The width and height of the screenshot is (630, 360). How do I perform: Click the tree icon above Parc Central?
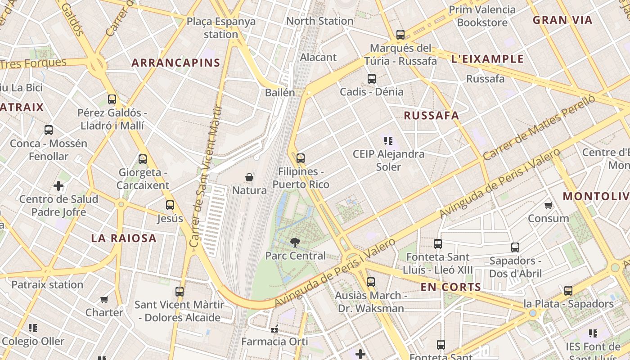295,243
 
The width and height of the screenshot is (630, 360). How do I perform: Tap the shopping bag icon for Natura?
249,177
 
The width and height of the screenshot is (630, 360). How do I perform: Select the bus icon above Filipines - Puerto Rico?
301,158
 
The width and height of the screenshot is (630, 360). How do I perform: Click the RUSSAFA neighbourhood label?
431,116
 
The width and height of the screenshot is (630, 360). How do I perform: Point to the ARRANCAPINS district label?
176,63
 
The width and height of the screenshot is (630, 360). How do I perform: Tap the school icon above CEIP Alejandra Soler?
388,141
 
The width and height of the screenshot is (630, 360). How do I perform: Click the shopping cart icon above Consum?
548,206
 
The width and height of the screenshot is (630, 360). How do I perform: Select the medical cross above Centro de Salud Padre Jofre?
58,186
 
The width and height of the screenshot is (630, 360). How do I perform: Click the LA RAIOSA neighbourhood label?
124,238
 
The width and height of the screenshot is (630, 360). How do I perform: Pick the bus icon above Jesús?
170,205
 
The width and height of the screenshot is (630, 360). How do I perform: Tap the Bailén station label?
280,93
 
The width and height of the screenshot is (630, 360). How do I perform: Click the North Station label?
319,21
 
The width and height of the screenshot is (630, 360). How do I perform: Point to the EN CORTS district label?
451,287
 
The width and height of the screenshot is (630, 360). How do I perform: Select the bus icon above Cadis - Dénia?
372,79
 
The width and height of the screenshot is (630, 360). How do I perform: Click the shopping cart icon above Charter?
104,299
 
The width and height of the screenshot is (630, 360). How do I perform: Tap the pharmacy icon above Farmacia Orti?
274,329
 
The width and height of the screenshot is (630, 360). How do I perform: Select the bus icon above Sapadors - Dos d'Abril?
515,247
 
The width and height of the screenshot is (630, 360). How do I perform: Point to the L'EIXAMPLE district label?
487,59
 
